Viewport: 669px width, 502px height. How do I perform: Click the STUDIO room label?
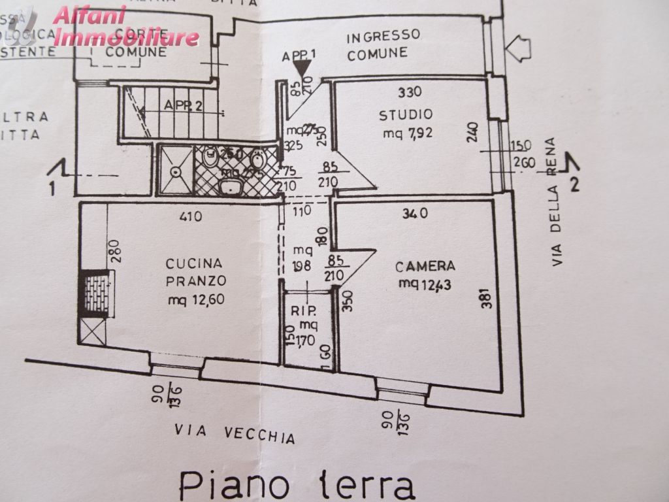(406, 116)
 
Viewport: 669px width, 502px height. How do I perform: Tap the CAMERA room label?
(425, 266)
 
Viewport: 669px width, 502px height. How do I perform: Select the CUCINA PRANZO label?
(195, 272)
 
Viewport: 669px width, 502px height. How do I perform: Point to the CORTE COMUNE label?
(137, 42)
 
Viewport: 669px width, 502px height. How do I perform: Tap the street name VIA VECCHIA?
(235, 433)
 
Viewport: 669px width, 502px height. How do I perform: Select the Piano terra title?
(297, 484)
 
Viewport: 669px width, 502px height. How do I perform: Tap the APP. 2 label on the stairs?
(183, 105)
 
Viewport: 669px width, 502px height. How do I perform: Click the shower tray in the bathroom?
(176, 170)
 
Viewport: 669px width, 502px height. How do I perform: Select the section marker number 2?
(575, 185)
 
